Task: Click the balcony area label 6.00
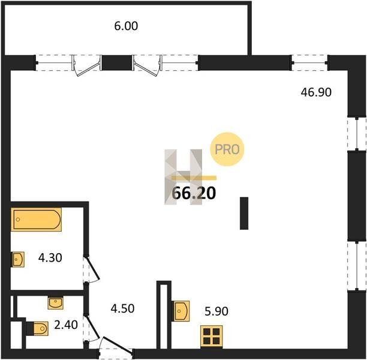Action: [x=126, y=26]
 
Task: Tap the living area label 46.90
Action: [x=316, y=92]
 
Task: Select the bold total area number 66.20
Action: [x=194, y=193]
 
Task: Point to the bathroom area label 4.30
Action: [x=50, y=258]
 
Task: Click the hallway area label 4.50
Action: [x=122, y=308]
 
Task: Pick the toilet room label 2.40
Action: [x=66, y=325]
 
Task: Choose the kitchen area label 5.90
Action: [x=216, y=311]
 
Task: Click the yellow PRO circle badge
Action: [x=227, y=149]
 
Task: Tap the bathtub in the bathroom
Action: [x=36, y=220]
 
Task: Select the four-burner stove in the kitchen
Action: [x=211, y=337]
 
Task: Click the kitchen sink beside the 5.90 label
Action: [x=181, y=311]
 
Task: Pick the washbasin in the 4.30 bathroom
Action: [x=18, y=259]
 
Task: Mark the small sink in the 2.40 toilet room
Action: [x=56, y=303]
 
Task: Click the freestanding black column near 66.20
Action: [x=244, y=214]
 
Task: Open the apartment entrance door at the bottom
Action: [x=116, y=347]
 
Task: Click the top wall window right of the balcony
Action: [x=309, y=62]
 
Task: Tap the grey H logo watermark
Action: [x=183, y=177]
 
